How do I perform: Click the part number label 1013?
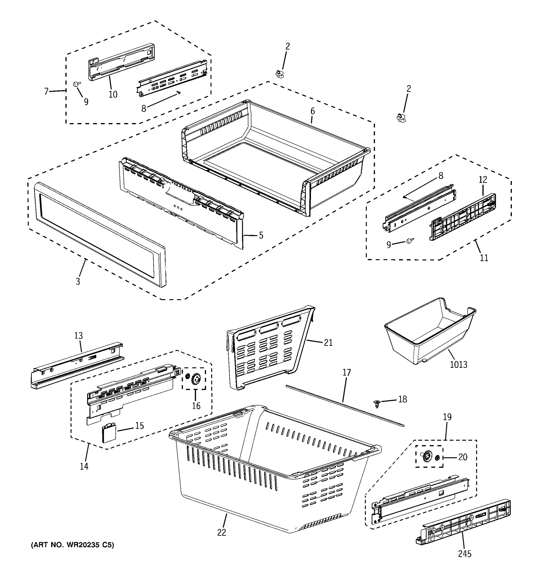click(x=459, y=364)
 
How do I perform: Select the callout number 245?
click(x=464, y=554)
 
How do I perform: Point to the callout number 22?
click(x=222, y=532)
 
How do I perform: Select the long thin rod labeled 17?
click(x=344, y=406)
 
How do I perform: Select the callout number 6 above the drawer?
click(x=313, y=111)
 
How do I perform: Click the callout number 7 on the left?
click(x=46, y=91)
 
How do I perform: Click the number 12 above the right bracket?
click(x=483, y=180)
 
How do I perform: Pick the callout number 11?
click(x=484, y=258)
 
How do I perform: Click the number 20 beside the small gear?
click(x=463, y=457)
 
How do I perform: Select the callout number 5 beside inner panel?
click(x=261, y=235)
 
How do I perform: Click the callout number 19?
click(x=447, y=417)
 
